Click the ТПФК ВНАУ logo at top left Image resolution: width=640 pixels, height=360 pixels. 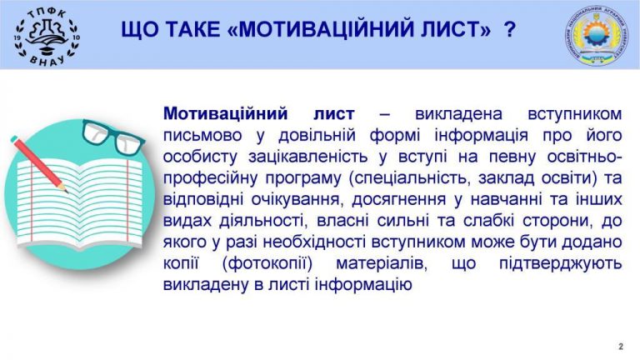47,37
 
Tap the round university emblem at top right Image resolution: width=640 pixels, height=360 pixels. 597,36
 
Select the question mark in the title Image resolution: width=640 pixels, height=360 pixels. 510,30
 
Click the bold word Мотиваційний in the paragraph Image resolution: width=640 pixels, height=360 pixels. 225,114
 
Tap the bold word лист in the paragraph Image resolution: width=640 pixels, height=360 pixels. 334,114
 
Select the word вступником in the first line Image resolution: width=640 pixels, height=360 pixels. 575,114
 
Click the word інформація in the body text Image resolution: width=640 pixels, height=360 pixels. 481,135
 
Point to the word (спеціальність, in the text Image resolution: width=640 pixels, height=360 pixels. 410,178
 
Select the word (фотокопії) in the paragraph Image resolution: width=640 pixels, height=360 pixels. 267,263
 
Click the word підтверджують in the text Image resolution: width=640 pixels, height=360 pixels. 560,263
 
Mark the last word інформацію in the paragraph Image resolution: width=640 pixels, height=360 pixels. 363,285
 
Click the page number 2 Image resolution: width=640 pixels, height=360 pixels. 621,347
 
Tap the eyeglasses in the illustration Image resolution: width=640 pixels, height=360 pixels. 112,137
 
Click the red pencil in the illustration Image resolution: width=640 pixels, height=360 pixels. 39,164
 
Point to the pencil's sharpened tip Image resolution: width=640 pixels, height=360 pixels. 67,191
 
